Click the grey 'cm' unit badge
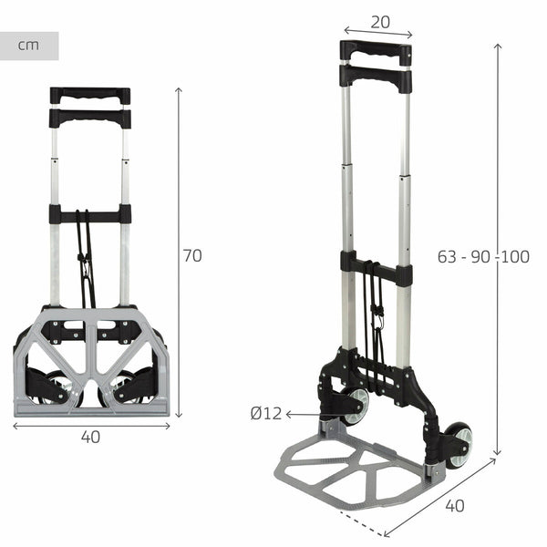29,46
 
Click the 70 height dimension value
191,256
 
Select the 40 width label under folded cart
90,437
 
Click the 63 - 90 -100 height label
483,256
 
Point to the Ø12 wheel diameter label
265,413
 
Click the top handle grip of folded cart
90,95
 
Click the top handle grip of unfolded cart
376,50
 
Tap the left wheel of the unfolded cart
354,405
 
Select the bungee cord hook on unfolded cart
375,320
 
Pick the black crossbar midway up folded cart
90,215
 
